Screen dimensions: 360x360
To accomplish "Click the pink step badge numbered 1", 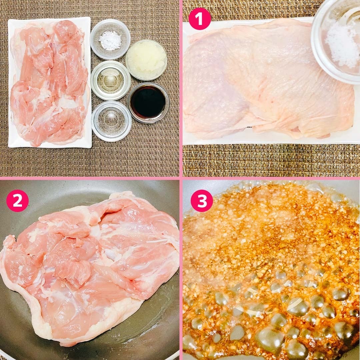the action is pyautogui.click(x=200, y=19).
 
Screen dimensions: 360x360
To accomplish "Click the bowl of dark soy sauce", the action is pyautogui.click(x=148, y=102).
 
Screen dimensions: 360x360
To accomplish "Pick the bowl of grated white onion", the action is pyautogui.click(x=146, y=60).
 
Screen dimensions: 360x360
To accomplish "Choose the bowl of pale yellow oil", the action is pyautogui.click(x=110, y=80).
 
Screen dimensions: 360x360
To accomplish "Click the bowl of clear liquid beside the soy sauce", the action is pyautogui.click(x=111, y=121).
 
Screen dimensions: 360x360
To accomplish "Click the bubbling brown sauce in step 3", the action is pyautogui.click(x=271, y=271).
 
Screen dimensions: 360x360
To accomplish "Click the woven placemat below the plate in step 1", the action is pyautogui.click(x=271, y=160).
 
